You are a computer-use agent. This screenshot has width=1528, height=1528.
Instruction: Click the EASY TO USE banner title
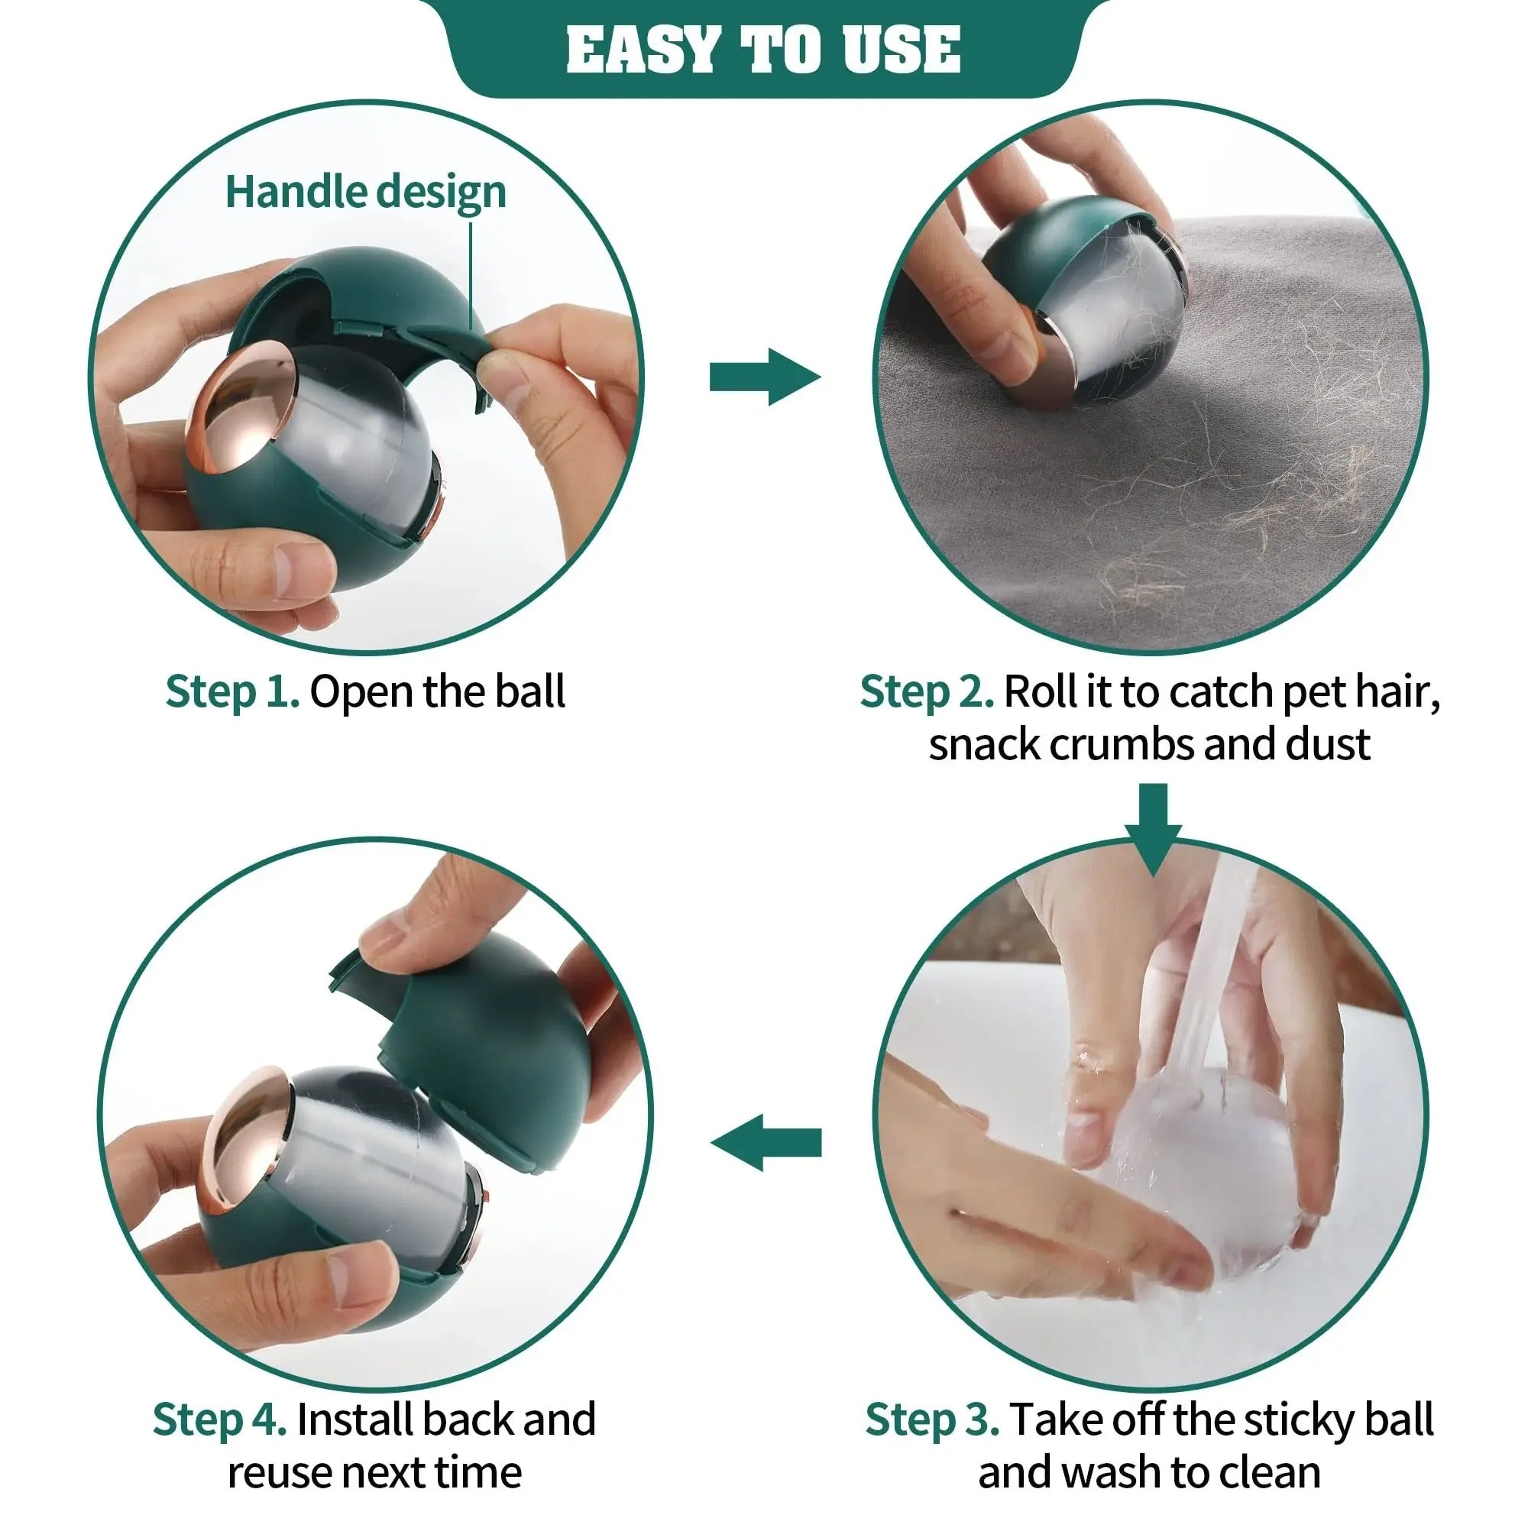click(x=763, y=49)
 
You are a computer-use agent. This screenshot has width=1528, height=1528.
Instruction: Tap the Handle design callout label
click(x=365, y=193)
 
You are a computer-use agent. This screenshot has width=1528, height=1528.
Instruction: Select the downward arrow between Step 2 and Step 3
click(x=1152, y=828)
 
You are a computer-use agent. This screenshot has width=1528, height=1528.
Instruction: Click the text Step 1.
click(x=231, y=691)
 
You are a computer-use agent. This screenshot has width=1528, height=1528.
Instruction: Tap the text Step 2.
click(x=926, y=691)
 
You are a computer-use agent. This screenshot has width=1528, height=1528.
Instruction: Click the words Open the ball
click(x=437, y=691)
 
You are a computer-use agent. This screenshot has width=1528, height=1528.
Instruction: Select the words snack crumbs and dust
click(x=1149, y=744)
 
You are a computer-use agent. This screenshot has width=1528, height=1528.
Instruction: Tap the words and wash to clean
click(x=1149, y=1472)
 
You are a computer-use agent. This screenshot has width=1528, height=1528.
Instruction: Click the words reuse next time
click(x=374, y=1472)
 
